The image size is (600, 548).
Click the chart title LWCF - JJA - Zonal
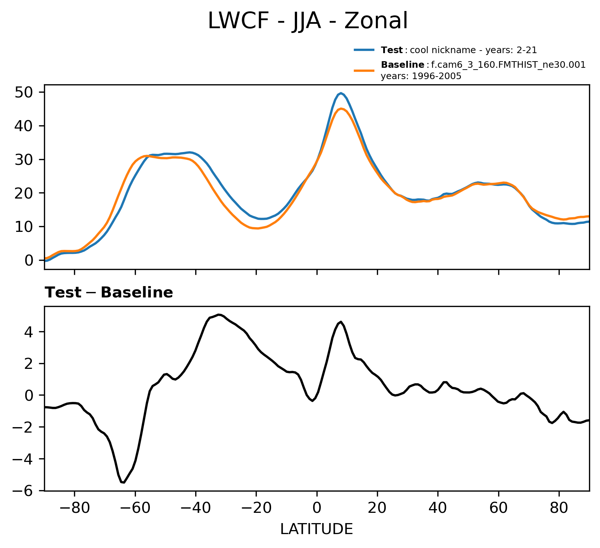click(x=307, y=21)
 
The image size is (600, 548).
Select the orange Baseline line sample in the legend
click(x=364, y=70)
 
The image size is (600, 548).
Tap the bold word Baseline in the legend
click(x=403, y=65)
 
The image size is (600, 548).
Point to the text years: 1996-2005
click(x=421, y=76)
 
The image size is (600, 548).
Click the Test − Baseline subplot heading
click(x=109, y=293)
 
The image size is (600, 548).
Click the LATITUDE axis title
click(x=316, y=529)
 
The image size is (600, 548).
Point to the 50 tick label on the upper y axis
click(x=24, y=92)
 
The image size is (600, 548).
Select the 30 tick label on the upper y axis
click(x=24, y=160)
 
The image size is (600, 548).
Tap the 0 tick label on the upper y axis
click(x=29, y=260)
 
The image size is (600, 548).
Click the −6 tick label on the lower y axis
click(x=24, y=490)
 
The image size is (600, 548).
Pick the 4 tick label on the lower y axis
click(x=30, y=332)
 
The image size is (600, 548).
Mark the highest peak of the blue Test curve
click(x=341, y=93)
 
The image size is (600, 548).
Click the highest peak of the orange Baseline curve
click(x=341, y=108)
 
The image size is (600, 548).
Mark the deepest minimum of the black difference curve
click(x=124, y=482)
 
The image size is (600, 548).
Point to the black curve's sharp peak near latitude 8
click(x=341, y=322)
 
